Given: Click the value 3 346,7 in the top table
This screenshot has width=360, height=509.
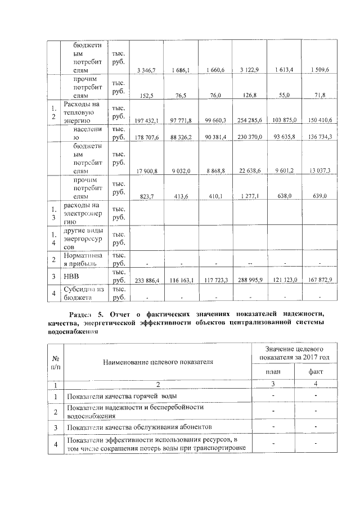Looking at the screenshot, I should point(146,70).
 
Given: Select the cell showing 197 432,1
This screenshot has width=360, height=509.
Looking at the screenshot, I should point(146,120).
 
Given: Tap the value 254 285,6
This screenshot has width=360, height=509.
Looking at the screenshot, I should point(249,120).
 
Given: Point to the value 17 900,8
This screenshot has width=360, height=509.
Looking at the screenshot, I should point(146,170).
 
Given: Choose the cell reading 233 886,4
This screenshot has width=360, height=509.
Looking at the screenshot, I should point(146,280).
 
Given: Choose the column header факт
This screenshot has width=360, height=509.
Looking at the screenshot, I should point(317,372).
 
